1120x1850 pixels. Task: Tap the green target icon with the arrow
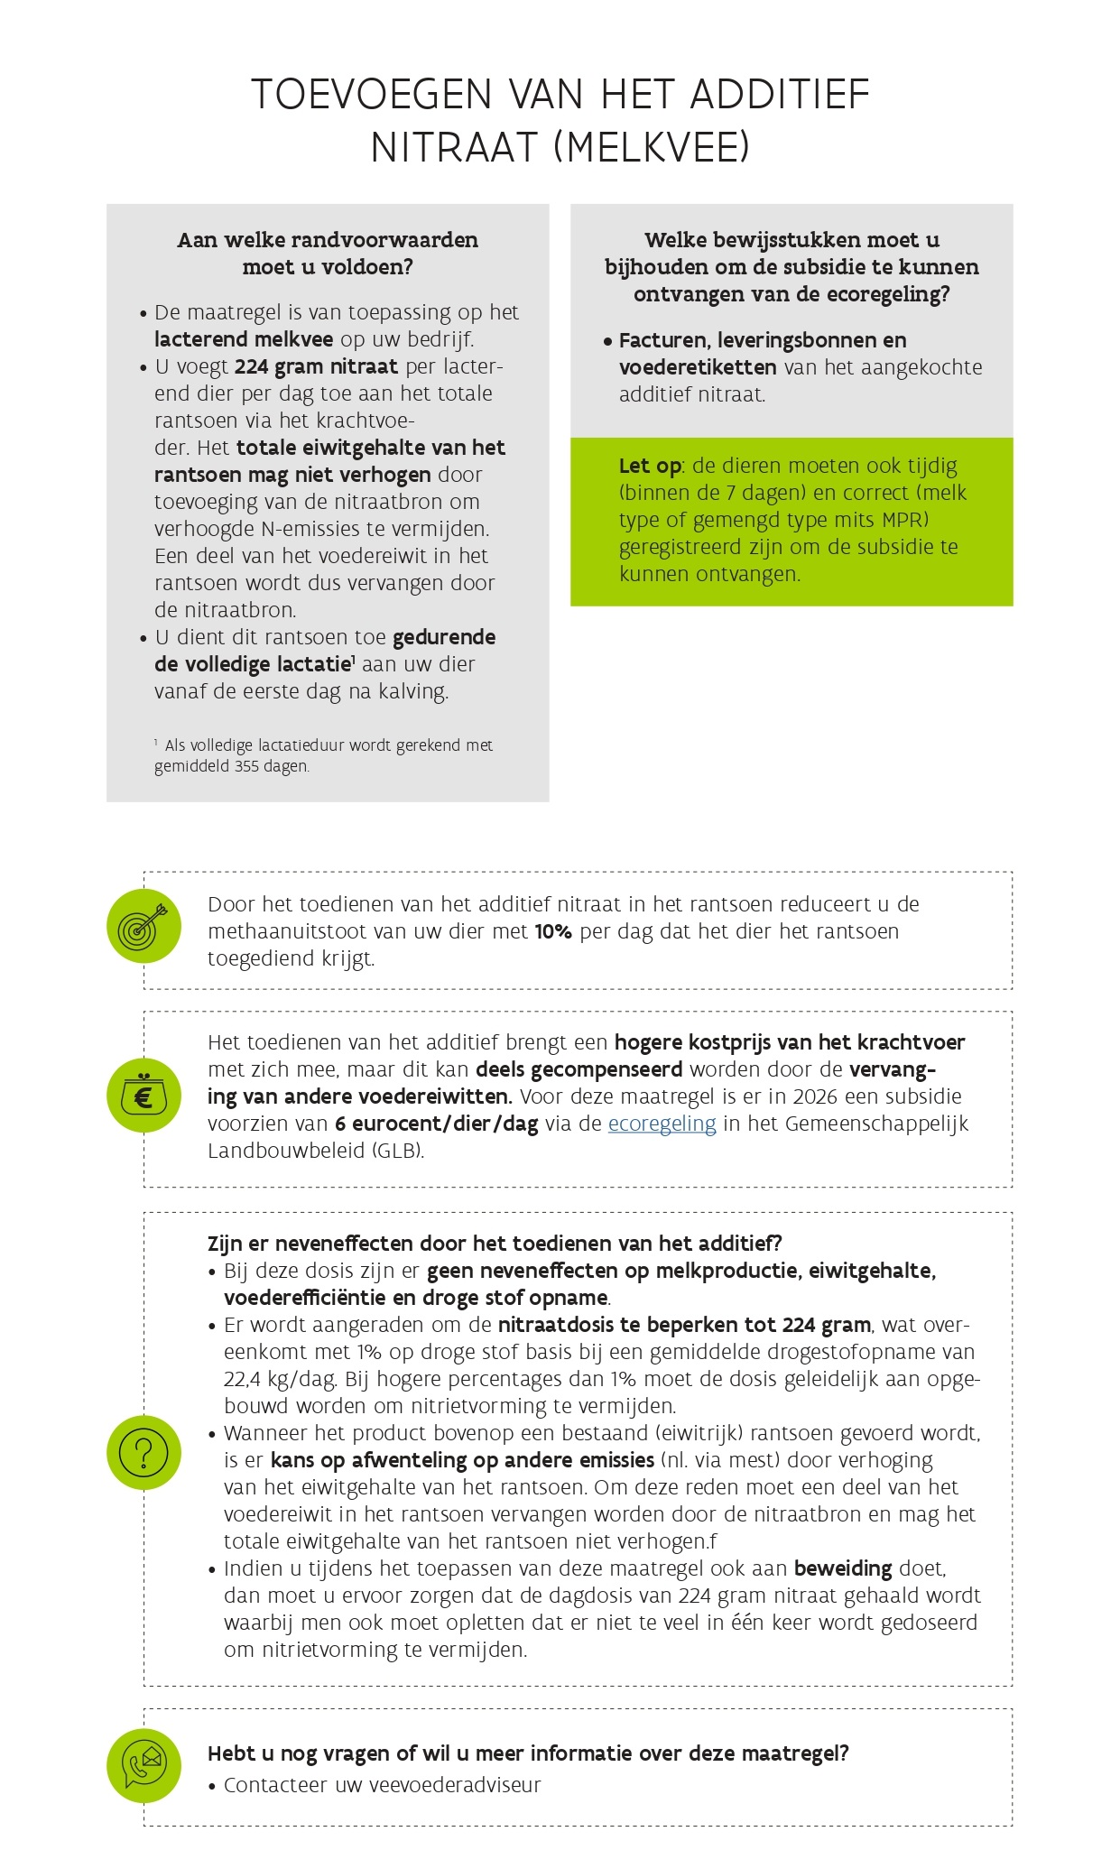[143, 925]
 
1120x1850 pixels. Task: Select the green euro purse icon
[143, 1096]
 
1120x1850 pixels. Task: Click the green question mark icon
[143, 1452]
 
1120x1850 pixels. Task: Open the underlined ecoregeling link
[662, 1124]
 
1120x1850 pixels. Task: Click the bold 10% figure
[553, 931]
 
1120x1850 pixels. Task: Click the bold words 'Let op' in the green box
[650, 466]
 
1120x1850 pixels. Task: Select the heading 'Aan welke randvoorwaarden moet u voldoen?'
[328, 254]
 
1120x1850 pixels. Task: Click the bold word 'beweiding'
[842, 1568]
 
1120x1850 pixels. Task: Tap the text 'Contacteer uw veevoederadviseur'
[382, 1785]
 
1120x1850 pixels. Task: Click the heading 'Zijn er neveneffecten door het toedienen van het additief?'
[495, 1244]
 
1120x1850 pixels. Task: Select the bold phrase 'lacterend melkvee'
[244, 339]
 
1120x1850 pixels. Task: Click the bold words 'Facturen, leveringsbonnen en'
[763, 340]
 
